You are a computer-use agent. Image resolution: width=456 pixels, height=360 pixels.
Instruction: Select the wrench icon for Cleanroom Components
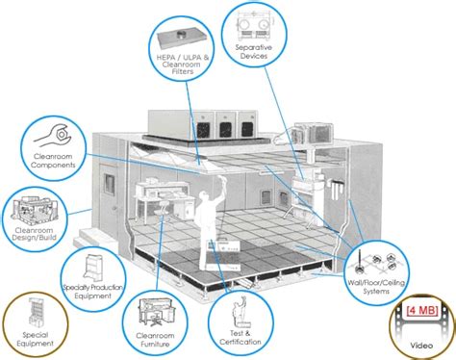(46, 130)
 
